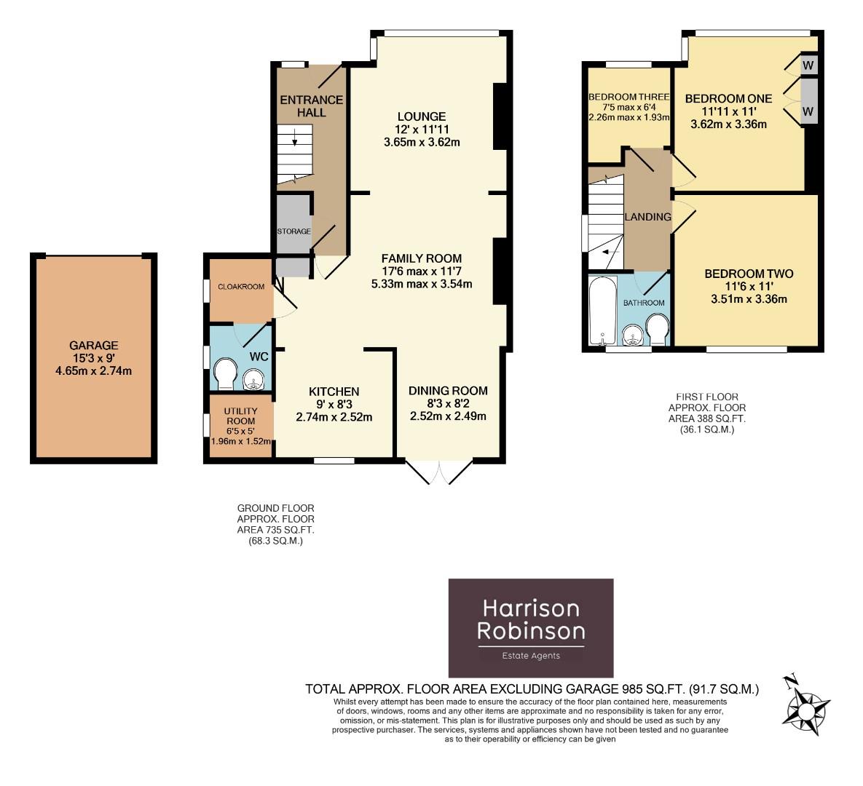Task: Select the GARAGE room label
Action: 93,346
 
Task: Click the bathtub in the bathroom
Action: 601,309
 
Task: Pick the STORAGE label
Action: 293,231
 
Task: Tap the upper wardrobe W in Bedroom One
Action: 808,65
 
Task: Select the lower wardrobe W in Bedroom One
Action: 808,111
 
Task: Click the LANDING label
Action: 647,217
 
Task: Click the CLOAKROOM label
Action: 241,287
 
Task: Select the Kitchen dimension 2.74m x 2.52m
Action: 334,417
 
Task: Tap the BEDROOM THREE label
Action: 628,98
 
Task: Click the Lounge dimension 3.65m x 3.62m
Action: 422,143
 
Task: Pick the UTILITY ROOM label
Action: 240,416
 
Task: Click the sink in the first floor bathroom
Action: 632,336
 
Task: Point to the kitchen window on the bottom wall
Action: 334,461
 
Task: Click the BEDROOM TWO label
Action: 748,274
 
